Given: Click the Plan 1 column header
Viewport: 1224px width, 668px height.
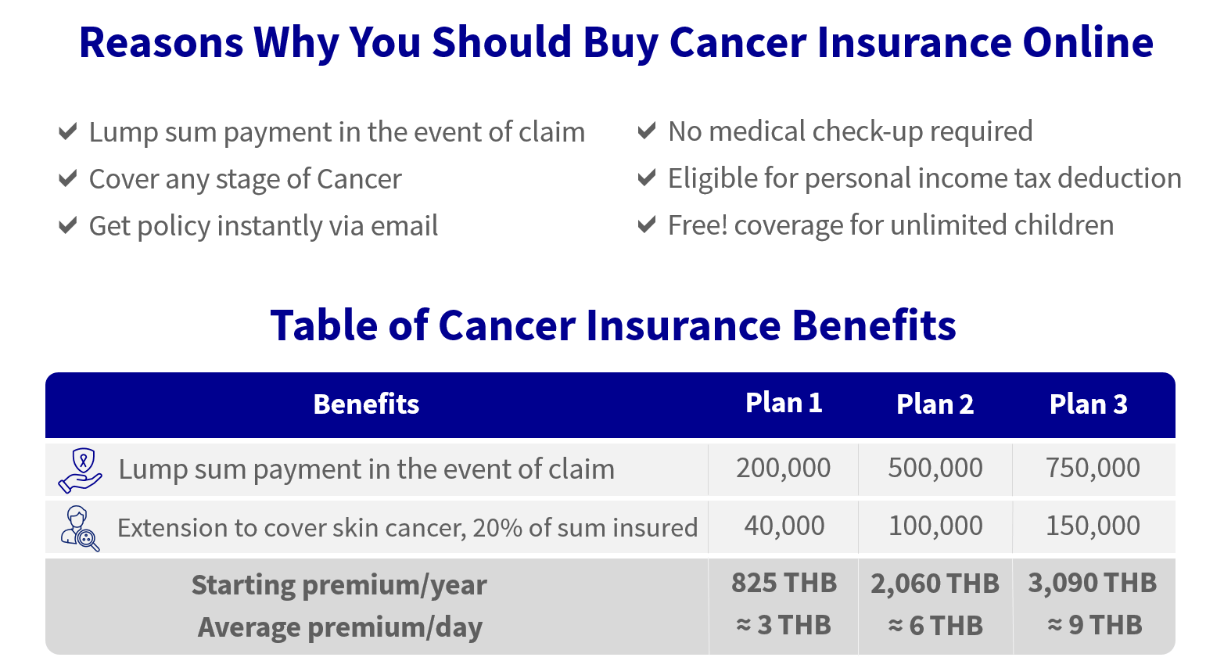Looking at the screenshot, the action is coord(784,403).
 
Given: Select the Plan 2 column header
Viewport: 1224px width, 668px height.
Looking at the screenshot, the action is coord(935,404).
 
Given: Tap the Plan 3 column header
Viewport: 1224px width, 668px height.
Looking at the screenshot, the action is coord(1089,404).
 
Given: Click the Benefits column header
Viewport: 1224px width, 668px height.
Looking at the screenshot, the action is coord(366,404).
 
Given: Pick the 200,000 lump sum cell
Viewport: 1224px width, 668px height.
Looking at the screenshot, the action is coord(783,468).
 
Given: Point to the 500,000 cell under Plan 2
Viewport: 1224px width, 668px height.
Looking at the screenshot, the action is coord(935,468).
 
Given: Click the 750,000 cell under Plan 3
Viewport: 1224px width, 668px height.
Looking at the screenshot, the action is coord(1093,468).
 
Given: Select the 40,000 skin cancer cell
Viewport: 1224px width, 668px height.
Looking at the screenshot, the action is coord(784,526).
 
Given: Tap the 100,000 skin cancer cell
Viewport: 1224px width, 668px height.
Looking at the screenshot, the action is coord(935,526).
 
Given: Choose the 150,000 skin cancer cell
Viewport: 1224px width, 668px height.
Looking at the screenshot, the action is coord(1093,526).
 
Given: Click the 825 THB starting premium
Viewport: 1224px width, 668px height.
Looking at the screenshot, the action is coord(784,583).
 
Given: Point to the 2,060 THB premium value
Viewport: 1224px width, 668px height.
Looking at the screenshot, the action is coord(935,584).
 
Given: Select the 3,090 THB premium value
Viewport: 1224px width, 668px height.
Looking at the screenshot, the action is coord(1093,583).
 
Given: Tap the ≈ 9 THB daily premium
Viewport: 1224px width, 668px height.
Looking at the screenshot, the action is coord(1095,625).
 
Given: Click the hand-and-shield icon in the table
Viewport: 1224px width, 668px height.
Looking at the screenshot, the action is coord(80,471).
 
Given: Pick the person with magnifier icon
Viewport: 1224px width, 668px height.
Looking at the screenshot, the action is coord(80,529).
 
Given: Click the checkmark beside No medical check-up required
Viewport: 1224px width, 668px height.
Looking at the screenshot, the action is coord(647,131).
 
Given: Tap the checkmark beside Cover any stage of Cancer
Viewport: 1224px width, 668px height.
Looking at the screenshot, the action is coord(67,178).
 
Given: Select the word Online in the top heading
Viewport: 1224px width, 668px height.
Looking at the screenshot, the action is coord(1088,42).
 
